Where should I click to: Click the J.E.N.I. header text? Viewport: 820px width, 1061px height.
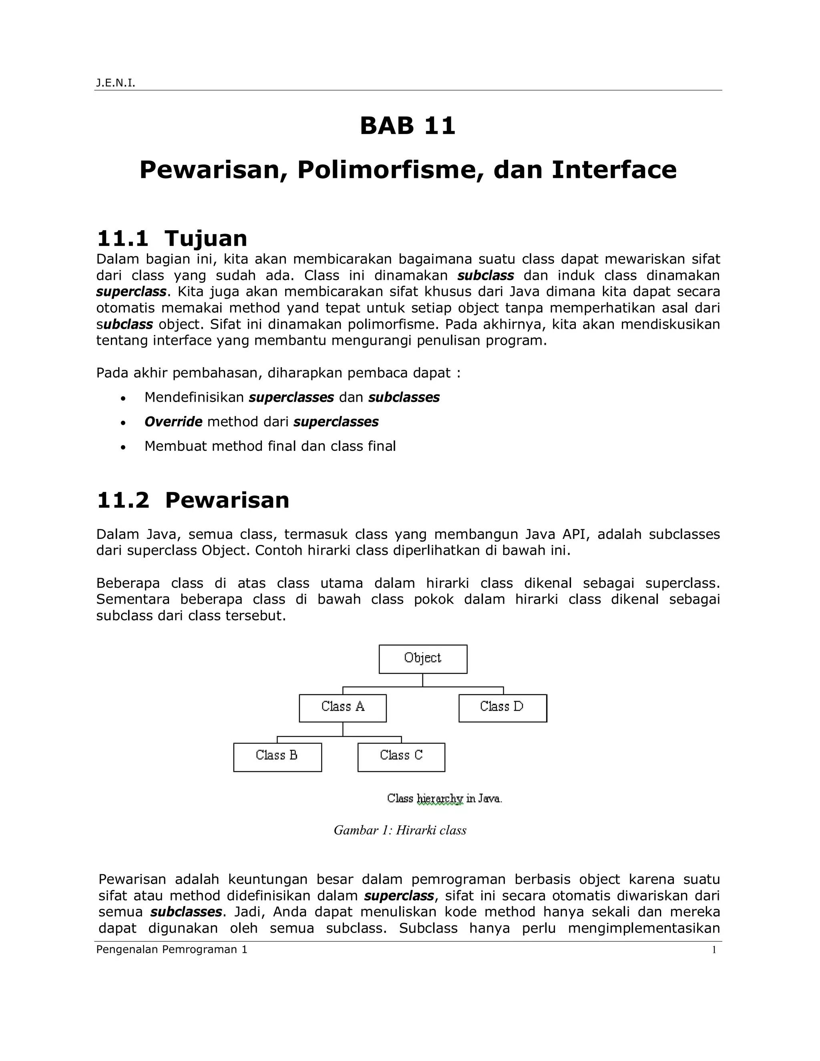click(x=115, y=83)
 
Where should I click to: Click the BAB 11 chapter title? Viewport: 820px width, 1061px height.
click(x=408, y=126)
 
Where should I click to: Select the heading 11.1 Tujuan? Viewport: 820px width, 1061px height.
click(x=172, y=239)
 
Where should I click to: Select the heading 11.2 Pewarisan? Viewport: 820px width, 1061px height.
click(x=193, y=500)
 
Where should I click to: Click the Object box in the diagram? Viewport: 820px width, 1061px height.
click(x=423, y=659)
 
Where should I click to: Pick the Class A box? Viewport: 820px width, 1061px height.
click(x=342, y=708)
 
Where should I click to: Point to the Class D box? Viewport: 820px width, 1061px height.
click(x=502, y=708)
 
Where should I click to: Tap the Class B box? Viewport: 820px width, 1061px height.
click(x=277, y=757)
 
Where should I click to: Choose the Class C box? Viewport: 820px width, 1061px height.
click(x=401, y=757)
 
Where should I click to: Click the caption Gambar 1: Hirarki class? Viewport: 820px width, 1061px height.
click(x=400, y=830)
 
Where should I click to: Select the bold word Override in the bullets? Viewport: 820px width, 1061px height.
click(x=173, y=422)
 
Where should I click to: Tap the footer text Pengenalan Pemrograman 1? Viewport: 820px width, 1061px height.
click(x=172, y=950)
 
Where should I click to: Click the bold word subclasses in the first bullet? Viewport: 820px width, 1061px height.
click(x=404, y=398)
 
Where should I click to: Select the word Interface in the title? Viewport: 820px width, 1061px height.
click(x=614, y=170)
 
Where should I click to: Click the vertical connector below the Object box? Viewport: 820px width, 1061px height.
click(x=423, y=680)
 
